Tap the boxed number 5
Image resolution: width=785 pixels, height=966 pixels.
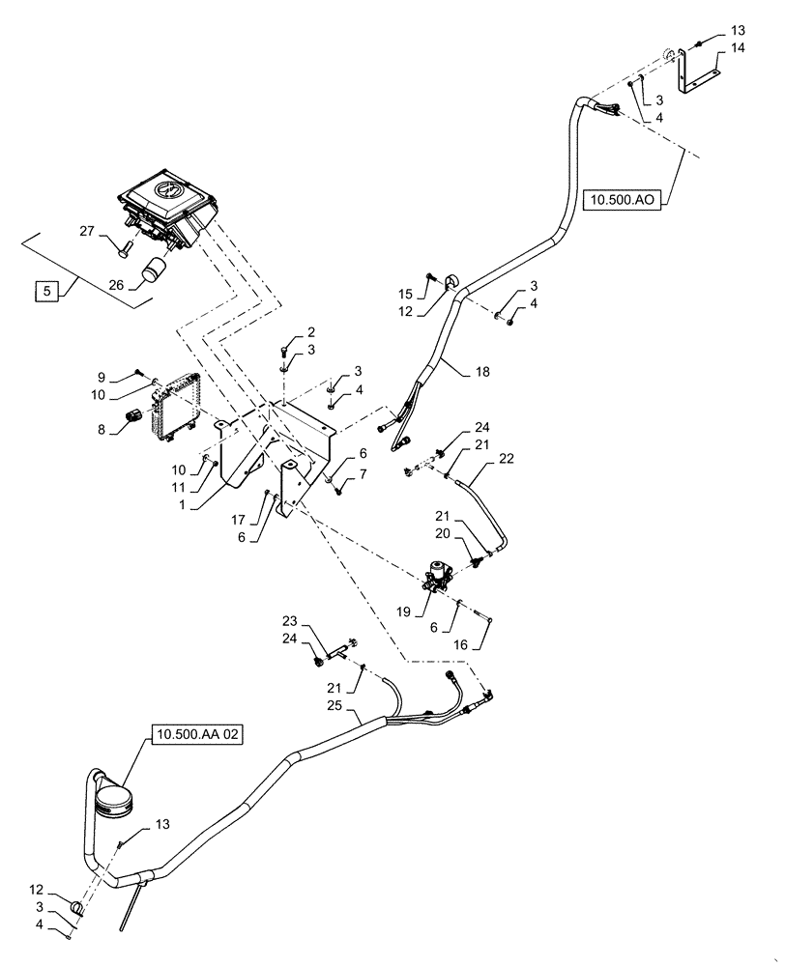pos(44,288)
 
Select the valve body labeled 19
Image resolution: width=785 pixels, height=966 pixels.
pos(444,578)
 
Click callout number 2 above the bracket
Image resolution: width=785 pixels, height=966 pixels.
pos(284,331)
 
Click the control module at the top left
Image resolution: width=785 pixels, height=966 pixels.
pos(169,208)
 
